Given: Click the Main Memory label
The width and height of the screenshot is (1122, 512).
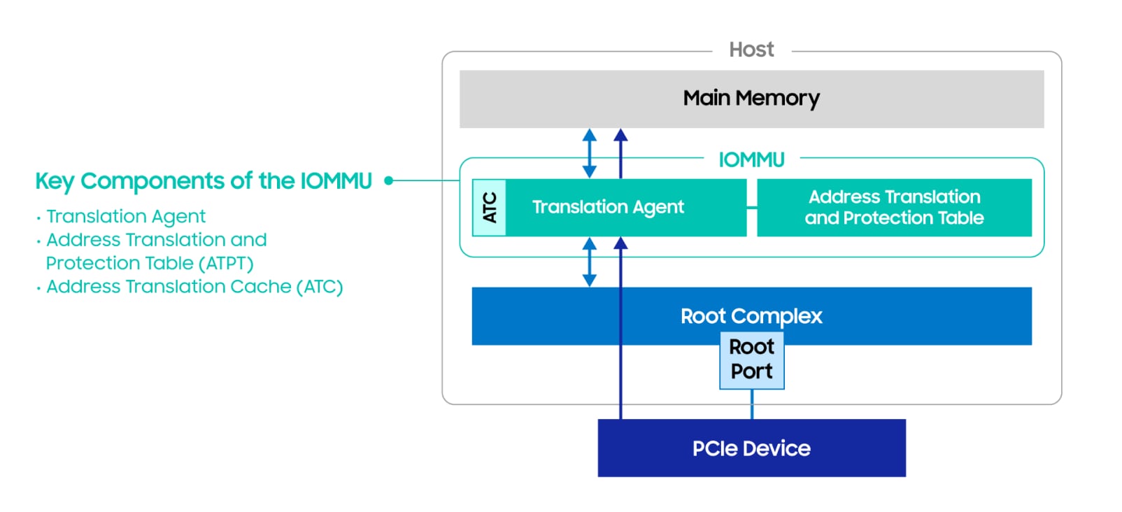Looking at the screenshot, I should [751, 98].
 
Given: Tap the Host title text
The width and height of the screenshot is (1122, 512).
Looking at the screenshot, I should [751, 50].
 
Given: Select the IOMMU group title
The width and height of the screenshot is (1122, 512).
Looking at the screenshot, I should [751, 159].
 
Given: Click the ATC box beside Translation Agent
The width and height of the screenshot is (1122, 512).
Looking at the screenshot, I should [490, 208].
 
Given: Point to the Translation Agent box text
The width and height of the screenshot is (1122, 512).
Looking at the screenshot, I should [608, 207].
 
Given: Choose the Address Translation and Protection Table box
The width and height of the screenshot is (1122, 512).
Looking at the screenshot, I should [893, 208].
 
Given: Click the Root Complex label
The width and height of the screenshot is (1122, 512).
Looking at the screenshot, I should [751, 315].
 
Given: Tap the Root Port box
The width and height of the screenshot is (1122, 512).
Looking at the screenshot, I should [751, 360].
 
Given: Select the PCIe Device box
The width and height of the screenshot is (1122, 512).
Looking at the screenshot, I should [751, 448].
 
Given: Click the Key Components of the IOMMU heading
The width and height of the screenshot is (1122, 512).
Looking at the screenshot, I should [204, 181].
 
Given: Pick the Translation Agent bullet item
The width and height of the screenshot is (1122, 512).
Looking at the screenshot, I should [126, 216].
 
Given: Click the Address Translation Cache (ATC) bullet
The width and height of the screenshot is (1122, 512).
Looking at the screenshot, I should [194, 287].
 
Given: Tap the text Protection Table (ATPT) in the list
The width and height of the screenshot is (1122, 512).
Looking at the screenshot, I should [150, 263].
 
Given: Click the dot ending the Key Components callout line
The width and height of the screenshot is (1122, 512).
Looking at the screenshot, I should [389, 180].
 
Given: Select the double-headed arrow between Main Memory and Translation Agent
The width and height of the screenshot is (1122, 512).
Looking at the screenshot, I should [590, 153].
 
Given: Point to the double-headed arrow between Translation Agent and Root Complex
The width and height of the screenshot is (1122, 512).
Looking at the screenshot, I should [590, 262].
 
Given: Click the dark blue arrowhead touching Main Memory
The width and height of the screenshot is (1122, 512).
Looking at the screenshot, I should [620, 135].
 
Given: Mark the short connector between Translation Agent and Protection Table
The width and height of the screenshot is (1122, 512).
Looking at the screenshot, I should [751, 208].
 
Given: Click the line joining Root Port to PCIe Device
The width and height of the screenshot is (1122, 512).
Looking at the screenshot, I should [752, 404].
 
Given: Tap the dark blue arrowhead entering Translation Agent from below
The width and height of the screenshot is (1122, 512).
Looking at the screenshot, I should [620, 243].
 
